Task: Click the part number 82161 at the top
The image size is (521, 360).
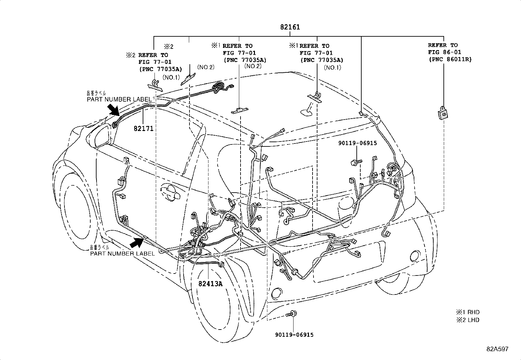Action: [x=290, y=27]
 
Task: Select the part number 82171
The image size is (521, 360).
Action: [x=143, y=129]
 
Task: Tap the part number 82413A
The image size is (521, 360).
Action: [x=210, y=284]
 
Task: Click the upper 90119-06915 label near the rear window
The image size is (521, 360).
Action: [x=357, y=143]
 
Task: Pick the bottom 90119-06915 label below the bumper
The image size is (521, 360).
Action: [x=294, y=334]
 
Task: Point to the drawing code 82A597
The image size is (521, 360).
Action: [x=497, y=349]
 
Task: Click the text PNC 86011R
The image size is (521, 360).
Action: [x=450, y=59]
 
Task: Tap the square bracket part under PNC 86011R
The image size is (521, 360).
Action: [x=442, y=113]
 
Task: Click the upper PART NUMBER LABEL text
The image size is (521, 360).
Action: [x=119, y=99]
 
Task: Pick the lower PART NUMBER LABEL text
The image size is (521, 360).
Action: [x=122, y=253]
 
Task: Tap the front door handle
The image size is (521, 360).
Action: [x=171, y=193]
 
